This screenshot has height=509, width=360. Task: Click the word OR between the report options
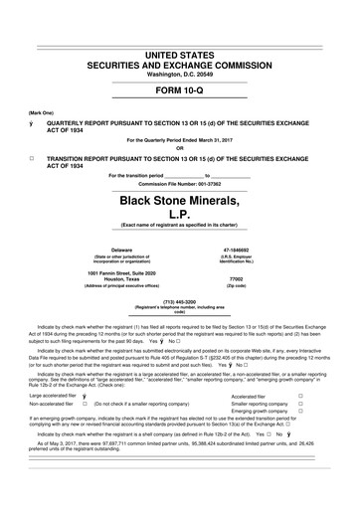coord(179,148)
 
